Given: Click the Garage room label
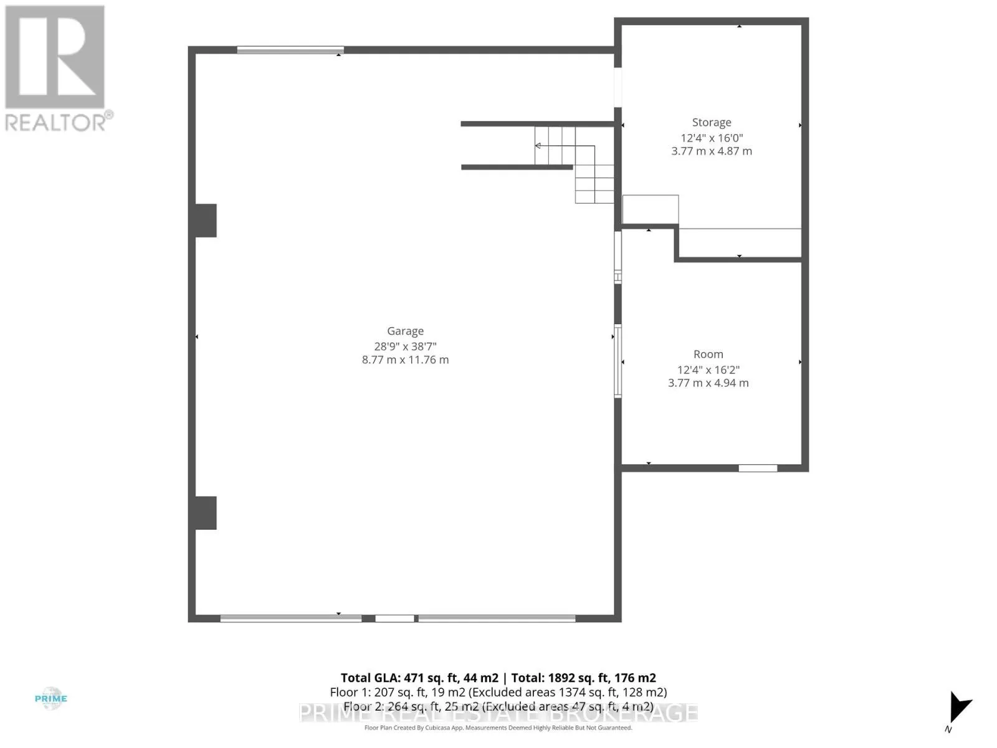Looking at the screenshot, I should click(x=405, y=331).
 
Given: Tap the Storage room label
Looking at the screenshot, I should click(x=711, y=123).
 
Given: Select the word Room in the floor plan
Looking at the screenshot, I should click(x=708, y=354).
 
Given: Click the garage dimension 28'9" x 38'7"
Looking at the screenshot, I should click(x=405, y=346).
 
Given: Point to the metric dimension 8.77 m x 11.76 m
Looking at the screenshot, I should click(x=405, y=360).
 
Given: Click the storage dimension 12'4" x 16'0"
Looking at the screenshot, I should click(x=711, y=138).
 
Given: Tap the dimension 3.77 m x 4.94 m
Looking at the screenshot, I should click(x=708, y=383).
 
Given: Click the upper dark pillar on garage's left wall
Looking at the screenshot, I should click(x=206, y=221).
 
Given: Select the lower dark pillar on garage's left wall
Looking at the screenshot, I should click(x=206, y=512).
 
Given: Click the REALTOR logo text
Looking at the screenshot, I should click(x=59, y=122).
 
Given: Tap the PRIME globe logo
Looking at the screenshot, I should click(x=51, y=699).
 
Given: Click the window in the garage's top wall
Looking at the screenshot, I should click(x=290, y=50).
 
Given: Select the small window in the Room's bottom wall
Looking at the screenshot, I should click(x=758, y=468).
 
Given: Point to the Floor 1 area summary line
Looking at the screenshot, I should click(x=498, y=692).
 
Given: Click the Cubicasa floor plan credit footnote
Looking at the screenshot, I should click(x=498, y=727).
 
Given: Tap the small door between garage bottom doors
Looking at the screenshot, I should click(x=394, y=618).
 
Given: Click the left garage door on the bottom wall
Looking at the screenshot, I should click(x=291, y=618).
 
